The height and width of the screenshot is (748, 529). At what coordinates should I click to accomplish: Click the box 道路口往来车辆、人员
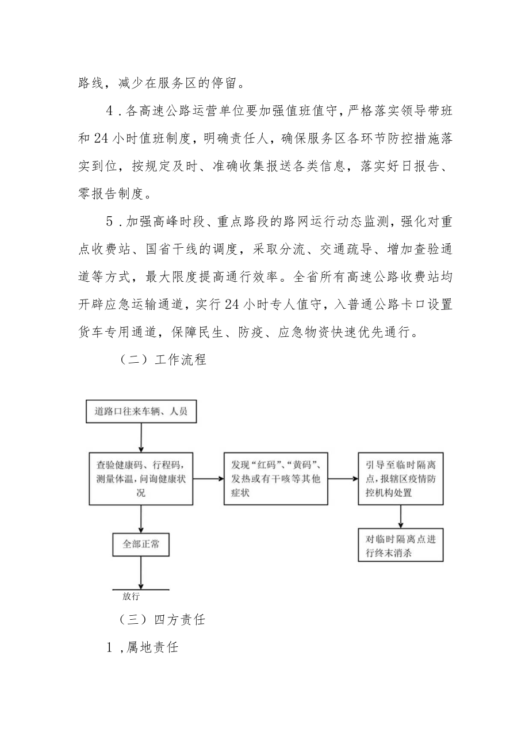click(x=140, y=412)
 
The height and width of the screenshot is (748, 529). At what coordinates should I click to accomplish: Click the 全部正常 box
click(x=140, y=544)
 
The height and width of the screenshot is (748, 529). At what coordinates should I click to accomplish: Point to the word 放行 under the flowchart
click(x=131, y=596)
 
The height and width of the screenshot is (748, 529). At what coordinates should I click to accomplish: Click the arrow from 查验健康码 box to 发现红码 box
click(x=208, y=478)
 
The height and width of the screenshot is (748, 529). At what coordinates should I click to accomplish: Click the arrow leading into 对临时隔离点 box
click(x=401, y=517)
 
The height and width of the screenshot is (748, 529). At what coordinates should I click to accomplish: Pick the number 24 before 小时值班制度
click(x=103, y=138)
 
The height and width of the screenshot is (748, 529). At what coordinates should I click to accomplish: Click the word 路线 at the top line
click(x=90, y=82)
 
